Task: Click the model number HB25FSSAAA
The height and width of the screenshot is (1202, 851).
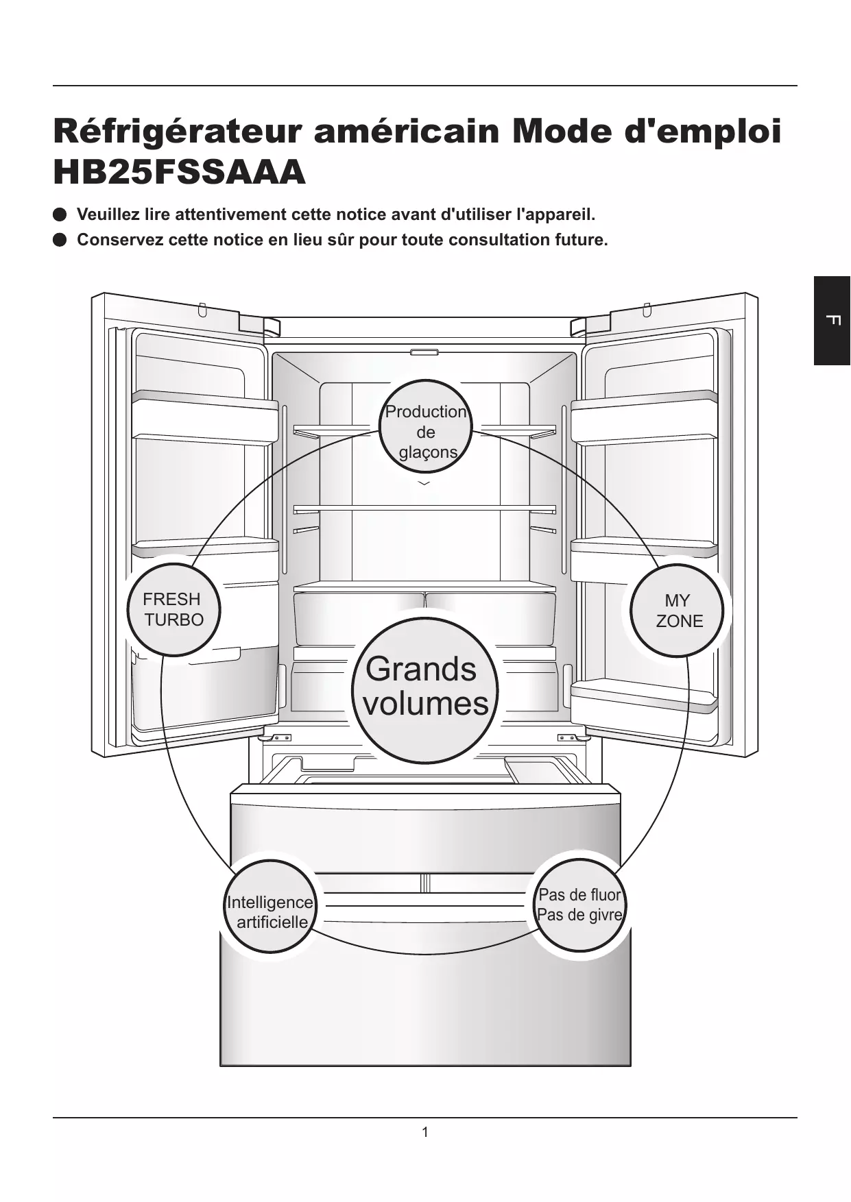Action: (179, 172)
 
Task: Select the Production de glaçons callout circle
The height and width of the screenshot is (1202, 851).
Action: (426, 426)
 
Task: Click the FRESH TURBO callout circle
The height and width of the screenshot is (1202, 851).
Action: (173, 609)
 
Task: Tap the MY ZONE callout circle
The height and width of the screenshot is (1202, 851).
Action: (678, 610)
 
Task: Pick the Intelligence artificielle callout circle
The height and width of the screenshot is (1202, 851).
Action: (271, 907)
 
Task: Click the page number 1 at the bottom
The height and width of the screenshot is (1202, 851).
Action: (425, 1132)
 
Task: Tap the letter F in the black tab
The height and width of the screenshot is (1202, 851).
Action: (832, 320)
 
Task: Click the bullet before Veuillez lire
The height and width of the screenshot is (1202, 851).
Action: (60, 214)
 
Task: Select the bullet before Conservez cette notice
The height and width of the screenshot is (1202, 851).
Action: (60, 240)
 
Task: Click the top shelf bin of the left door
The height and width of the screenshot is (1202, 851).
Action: (204, 417)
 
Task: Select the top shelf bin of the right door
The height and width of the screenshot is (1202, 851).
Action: (645, 417)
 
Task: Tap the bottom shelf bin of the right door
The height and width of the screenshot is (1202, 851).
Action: (645, 700)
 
